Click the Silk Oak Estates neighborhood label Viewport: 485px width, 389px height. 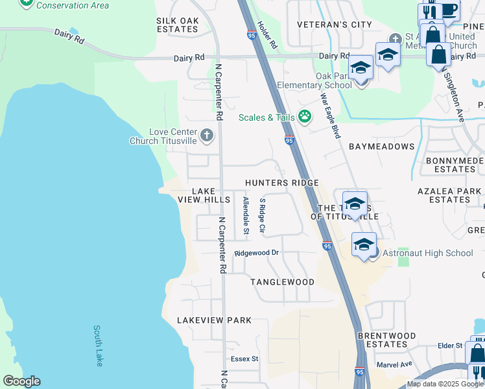click(x=177, y=25)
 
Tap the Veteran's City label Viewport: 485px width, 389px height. click(x=335, y=25)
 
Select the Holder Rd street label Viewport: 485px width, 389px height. click(x=266, y=36)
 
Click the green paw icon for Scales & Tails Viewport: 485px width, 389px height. click(x=305, y=117)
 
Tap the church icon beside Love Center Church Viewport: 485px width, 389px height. click(x=206, y=136)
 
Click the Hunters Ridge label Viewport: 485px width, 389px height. click(x=281, y=183)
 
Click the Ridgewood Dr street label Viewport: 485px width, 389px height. click(x=256, y=253)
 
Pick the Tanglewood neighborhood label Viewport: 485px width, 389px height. click(x=282, y=282)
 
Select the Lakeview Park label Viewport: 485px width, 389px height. click(x=214, y=320)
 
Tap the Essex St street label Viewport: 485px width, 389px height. click(x=244, y=359)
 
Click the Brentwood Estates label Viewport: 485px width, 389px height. click(x=386, y=340)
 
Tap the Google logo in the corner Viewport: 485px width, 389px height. click(x=21, y=381)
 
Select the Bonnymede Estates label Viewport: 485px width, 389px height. click(x=455, y=165)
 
